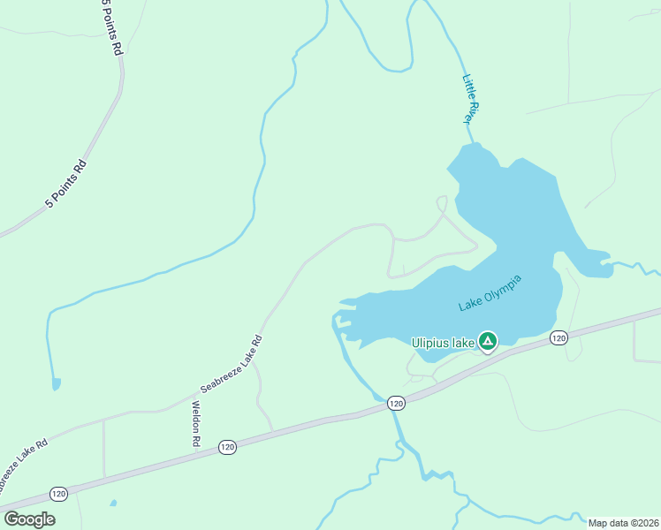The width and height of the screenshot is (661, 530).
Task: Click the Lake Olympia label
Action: [490, 293]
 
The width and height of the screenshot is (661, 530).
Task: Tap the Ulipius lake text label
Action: [444, 342]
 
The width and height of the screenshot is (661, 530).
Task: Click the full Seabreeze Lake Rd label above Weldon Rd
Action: [232, 364]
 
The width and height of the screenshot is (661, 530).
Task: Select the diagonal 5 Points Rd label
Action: [66, 184]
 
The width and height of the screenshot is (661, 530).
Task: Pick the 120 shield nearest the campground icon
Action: [558, 338]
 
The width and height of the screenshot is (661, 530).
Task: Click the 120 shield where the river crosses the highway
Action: [395, 403]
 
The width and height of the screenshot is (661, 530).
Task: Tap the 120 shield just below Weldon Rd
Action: [227, 447]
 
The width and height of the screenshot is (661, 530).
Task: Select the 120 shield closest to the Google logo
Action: [58, 493]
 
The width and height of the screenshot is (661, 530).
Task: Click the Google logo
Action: [29, 519]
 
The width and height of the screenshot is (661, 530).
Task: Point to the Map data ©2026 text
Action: [623, 523]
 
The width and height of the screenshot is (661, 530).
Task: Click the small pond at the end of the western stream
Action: [57, 384]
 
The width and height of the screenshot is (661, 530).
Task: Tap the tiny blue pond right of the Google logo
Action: [112, 503]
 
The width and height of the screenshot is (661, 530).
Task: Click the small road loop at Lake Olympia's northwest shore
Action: [443, 204]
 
